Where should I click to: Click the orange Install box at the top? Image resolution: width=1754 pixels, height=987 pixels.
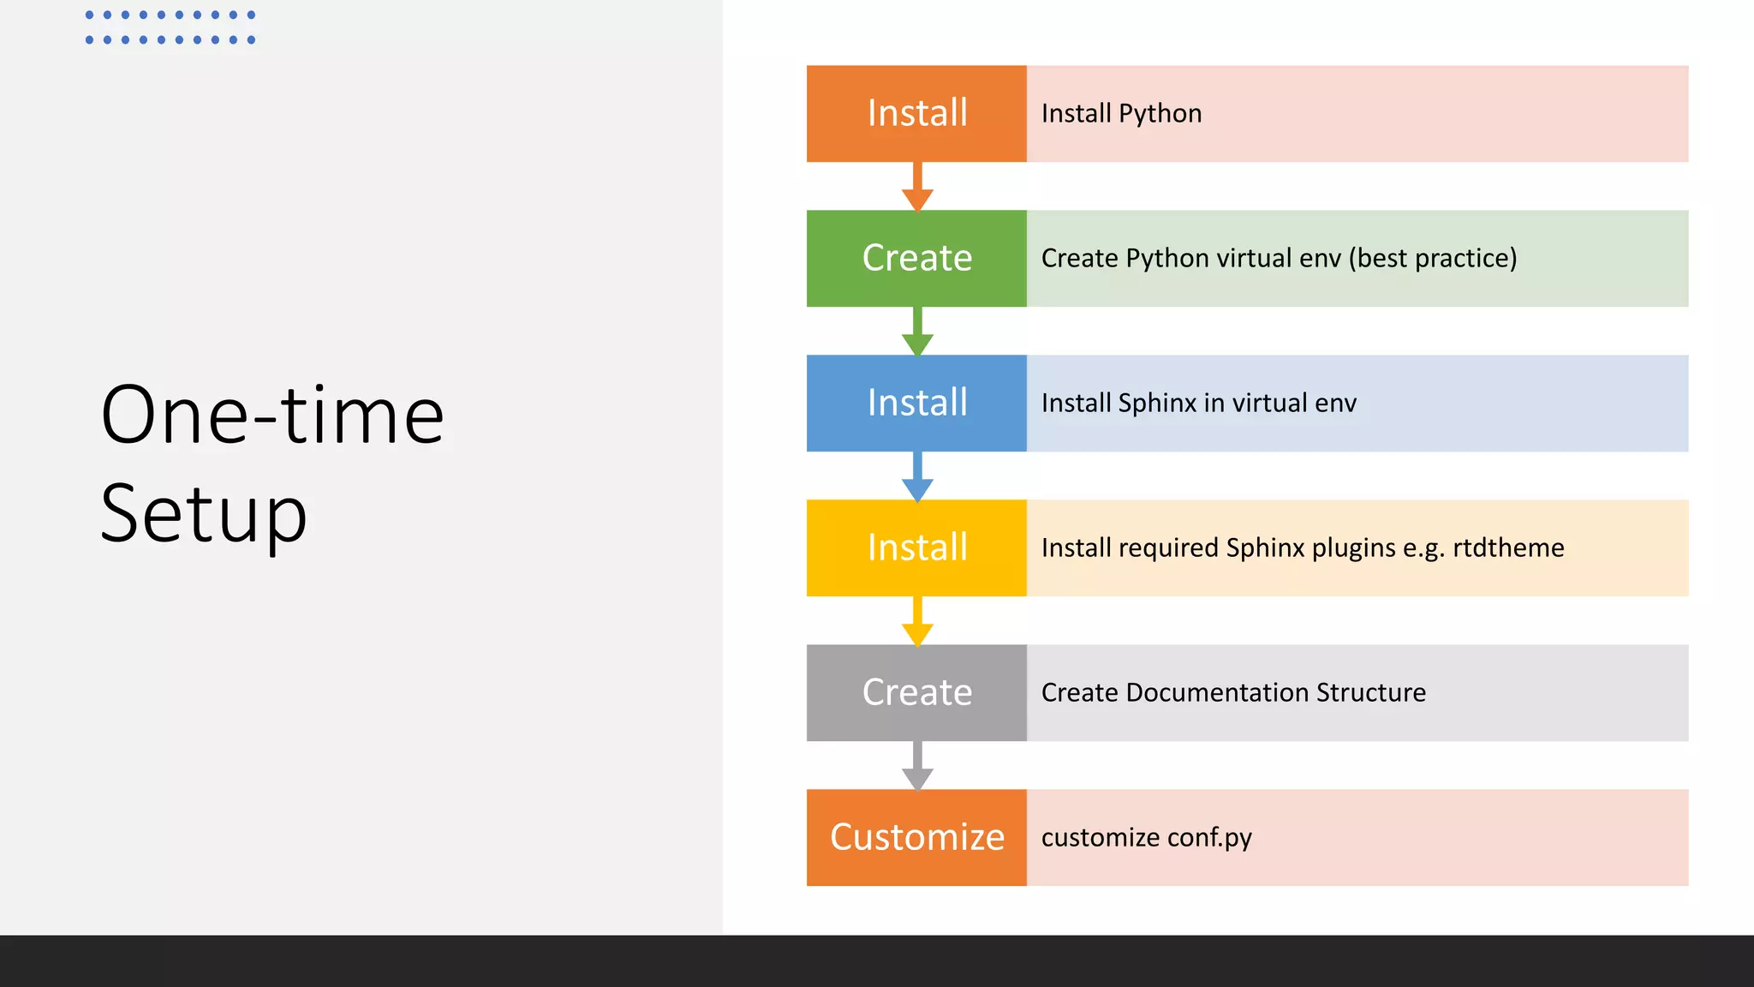(x=916, y=113)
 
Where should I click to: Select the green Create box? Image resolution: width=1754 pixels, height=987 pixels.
(x=916, y=258)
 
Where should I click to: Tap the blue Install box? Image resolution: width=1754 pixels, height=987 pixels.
(x=916, y=403)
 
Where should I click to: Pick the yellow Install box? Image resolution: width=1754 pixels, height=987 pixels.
(x=916, y=547)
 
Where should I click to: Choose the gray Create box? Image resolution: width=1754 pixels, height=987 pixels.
(x=916, y=692)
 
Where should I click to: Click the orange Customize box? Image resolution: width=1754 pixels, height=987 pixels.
(x=916, y=837)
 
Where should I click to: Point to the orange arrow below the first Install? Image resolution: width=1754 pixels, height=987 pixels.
(x=917, y=188)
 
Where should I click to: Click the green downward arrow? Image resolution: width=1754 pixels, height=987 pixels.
(x=917, y=333)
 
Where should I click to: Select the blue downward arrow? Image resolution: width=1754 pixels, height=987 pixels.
(x=917, y=478)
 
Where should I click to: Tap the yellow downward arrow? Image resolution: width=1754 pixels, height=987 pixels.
(x=917, y=623)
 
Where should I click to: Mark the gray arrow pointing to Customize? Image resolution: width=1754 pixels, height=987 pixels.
(x=917, y=768)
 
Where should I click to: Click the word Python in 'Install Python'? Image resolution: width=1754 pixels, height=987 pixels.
(x=1160, y=114)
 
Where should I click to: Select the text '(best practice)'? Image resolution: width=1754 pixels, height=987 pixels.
(x=1433, y=259)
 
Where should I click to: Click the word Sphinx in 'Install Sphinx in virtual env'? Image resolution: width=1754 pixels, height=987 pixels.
(x=1156, y=404)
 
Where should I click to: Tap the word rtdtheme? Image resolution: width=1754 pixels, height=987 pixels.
(x=1508, y=548)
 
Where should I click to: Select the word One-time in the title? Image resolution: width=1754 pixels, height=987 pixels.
(x=272, y=416)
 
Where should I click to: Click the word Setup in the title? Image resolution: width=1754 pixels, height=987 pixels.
(x=204, y=514)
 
